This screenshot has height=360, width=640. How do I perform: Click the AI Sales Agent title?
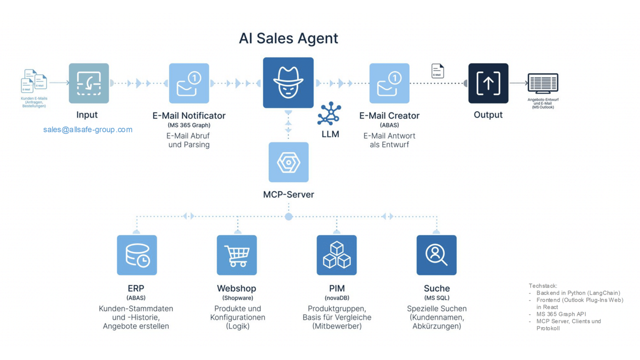[288, 38]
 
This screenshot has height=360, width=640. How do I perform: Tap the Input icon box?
[89, 83]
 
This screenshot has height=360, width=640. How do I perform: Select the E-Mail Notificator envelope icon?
[189, 83]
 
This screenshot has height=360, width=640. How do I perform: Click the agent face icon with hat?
[288, 83]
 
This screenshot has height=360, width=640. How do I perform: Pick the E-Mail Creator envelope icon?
[389, 83]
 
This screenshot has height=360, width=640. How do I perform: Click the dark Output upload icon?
[488, 83]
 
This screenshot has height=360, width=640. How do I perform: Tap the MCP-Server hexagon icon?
[288, 162]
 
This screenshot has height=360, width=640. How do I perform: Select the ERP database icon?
[137, 255]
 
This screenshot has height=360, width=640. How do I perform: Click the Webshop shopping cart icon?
[237, 255]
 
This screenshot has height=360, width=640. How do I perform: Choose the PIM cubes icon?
[336, 255]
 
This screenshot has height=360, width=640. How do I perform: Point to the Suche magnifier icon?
[436, 255]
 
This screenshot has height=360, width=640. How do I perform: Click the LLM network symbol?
[329, 114]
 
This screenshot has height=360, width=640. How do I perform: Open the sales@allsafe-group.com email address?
[88, 130]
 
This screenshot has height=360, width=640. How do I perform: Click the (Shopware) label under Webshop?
[237, 298]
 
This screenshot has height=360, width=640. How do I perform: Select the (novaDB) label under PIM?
[337, 298]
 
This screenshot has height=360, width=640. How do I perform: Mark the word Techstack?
[543, 286]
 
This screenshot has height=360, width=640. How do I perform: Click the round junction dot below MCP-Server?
[289, 217]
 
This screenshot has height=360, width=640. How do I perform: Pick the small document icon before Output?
[437, 71]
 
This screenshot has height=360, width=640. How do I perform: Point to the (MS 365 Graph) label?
[189, 125]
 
